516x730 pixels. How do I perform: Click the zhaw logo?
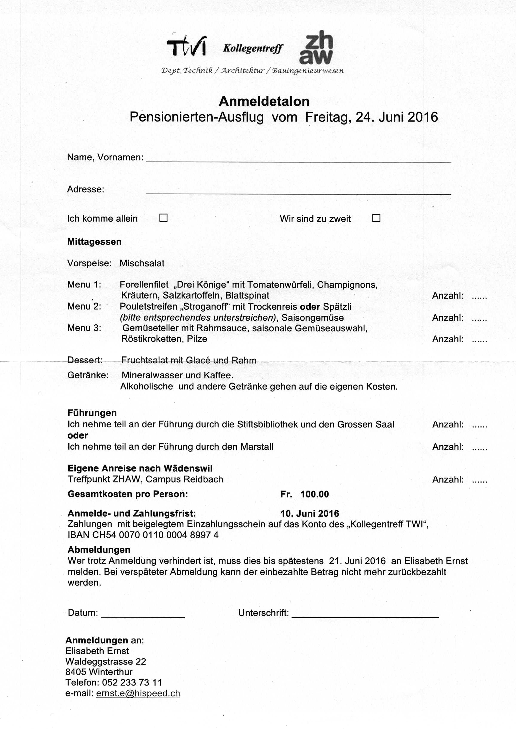316,48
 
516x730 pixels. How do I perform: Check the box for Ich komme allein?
163,218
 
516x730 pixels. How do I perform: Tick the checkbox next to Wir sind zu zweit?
376,218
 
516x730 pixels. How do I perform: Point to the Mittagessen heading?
94,242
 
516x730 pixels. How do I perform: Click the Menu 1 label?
84,284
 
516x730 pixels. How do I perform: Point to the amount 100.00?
314,494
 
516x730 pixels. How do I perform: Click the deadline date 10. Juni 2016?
310,513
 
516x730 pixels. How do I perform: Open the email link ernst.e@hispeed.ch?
138,693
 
